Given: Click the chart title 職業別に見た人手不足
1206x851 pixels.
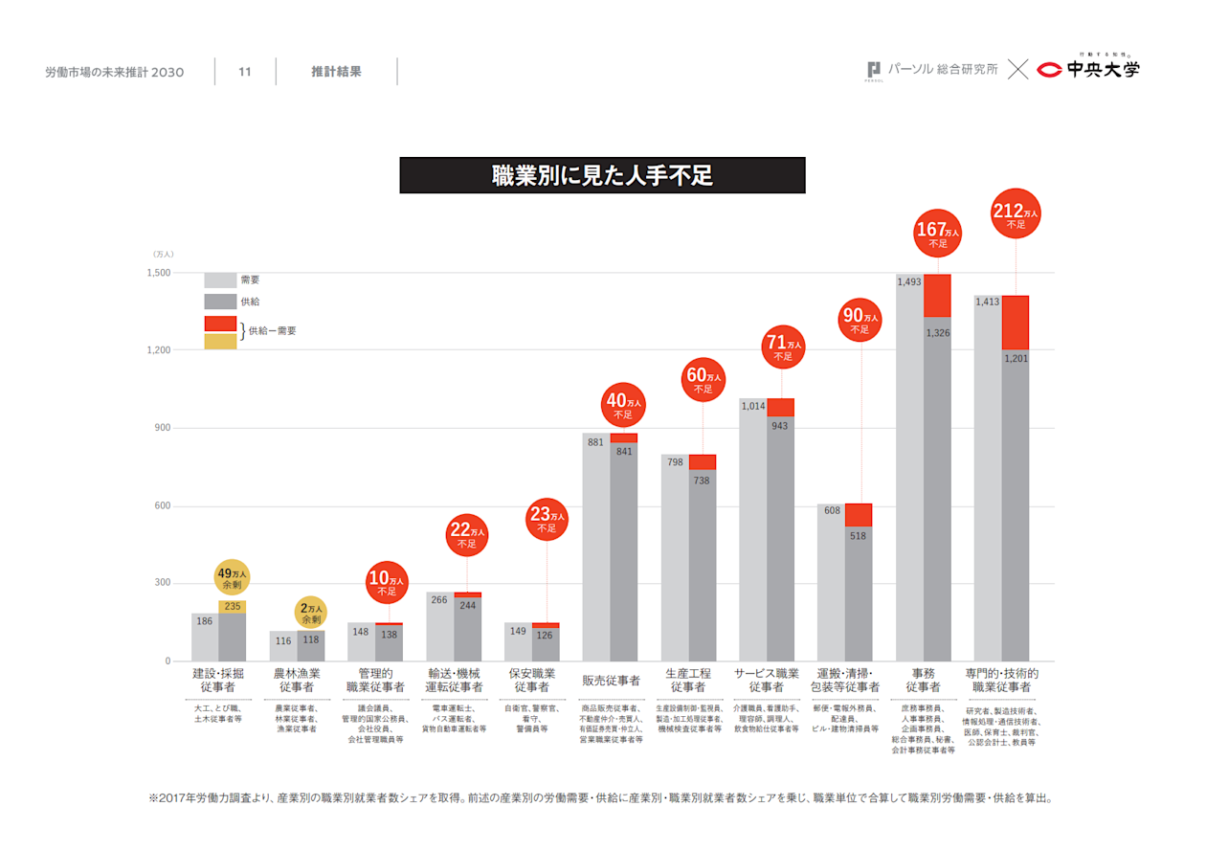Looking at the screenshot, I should point(602,175).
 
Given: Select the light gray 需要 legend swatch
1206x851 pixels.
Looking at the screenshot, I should point(220,280).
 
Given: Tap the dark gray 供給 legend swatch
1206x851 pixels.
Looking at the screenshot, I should point(220,302).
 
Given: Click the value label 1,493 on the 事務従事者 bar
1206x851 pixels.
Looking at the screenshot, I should point(909,281).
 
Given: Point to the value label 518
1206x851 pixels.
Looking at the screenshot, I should point(858,536).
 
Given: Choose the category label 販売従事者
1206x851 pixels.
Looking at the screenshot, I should point(611,681).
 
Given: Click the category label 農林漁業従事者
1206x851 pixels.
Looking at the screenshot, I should point(297,681).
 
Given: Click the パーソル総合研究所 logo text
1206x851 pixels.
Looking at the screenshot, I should point(943,70).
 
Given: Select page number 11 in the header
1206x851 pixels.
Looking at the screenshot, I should point(245,72).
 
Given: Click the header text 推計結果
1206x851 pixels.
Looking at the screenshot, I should point(336,72).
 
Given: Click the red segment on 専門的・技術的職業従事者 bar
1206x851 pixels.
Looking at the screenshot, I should point(1016,323).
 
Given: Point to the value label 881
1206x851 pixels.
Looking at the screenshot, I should point(595,442).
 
